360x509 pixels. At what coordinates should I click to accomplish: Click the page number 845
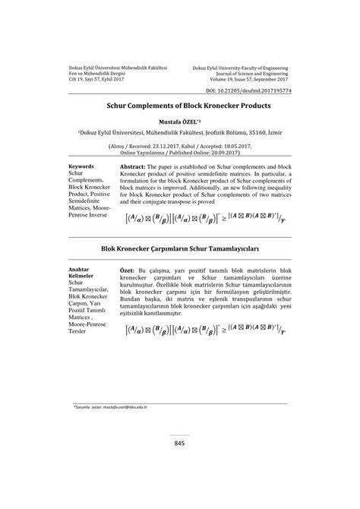[179, 443]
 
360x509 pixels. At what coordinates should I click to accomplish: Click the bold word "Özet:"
[128, 271]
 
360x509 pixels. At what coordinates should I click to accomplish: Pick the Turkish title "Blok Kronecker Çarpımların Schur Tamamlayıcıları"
[179, 248]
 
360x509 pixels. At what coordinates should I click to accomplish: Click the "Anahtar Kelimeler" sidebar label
[80, 274]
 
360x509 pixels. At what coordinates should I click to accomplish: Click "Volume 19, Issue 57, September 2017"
[245, 78]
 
